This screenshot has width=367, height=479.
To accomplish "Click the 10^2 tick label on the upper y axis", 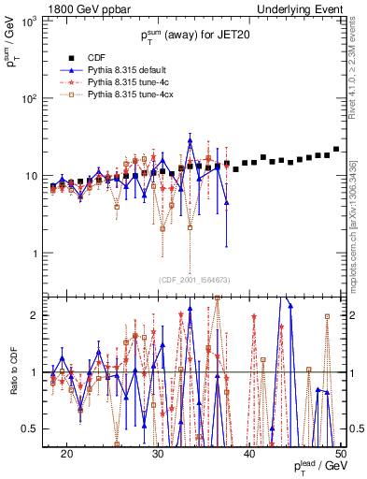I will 39,99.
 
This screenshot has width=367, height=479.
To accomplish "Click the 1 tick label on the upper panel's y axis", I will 45,254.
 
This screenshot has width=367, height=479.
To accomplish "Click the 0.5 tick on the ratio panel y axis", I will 41,428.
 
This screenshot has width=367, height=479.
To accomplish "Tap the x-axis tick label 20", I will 66,453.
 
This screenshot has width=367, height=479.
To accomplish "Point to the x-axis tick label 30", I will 158,453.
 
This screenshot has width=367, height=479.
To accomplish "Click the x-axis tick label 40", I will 249,453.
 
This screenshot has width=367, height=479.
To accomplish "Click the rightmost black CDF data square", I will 335,149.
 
